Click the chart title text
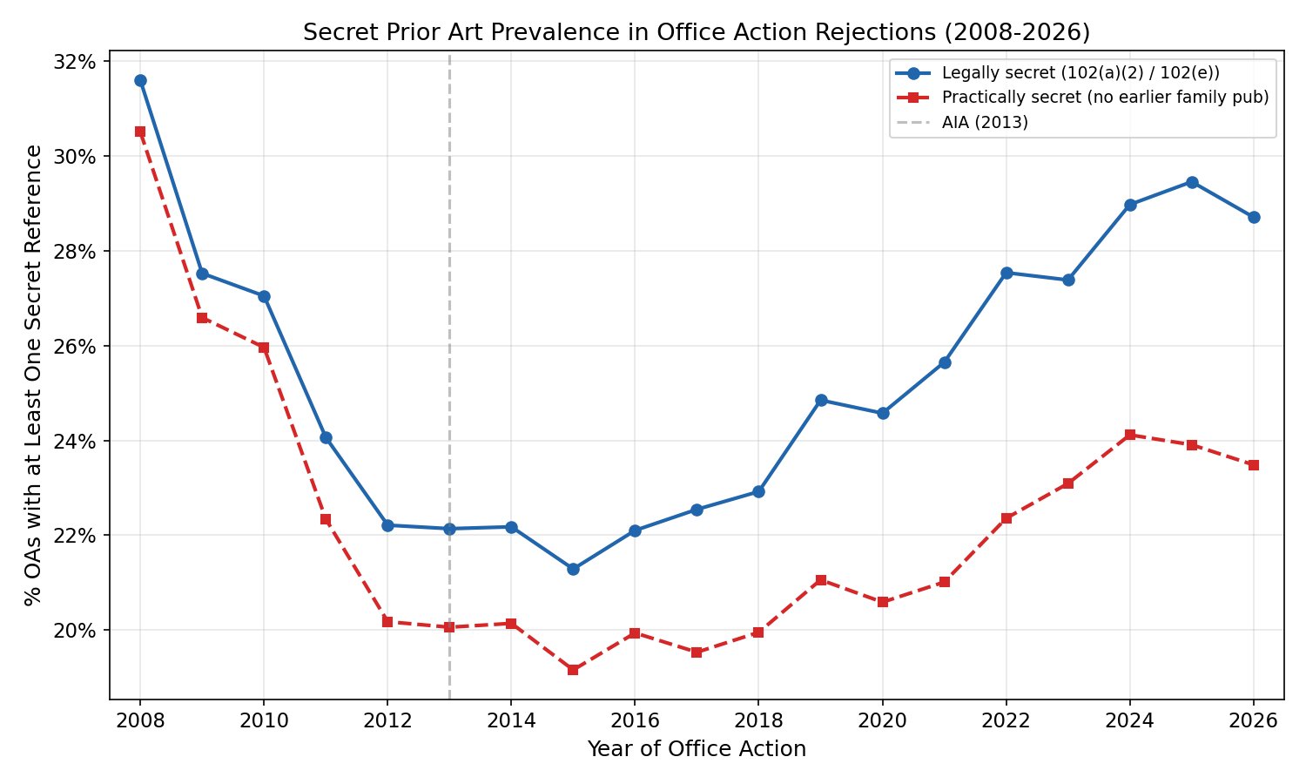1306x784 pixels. click(697, 32)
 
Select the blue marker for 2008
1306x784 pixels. click(140, 80)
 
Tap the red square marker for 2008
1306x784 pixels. click(140, 132)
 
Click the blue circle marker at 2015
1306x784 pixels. click(573, 569)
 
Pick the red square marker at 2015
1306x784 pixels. click(573, 670)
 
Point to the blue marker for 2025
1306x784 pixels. click(1192, 182)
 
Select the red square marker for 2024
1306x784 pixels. click(1130, 435)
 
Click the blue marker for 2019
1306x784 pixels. click(821, 400)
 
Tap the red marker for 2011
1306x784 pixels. click(326, 519)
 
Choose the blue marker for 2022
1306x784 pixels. click(1006, 273)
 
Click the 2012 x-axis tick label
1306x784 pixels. click(387, 720)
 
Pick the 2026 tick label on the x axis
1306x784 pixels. click(1254, 720)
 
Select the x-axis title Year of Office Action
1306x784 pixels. click(697, 749)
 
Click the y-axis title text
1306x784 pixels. click(33, 375)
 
